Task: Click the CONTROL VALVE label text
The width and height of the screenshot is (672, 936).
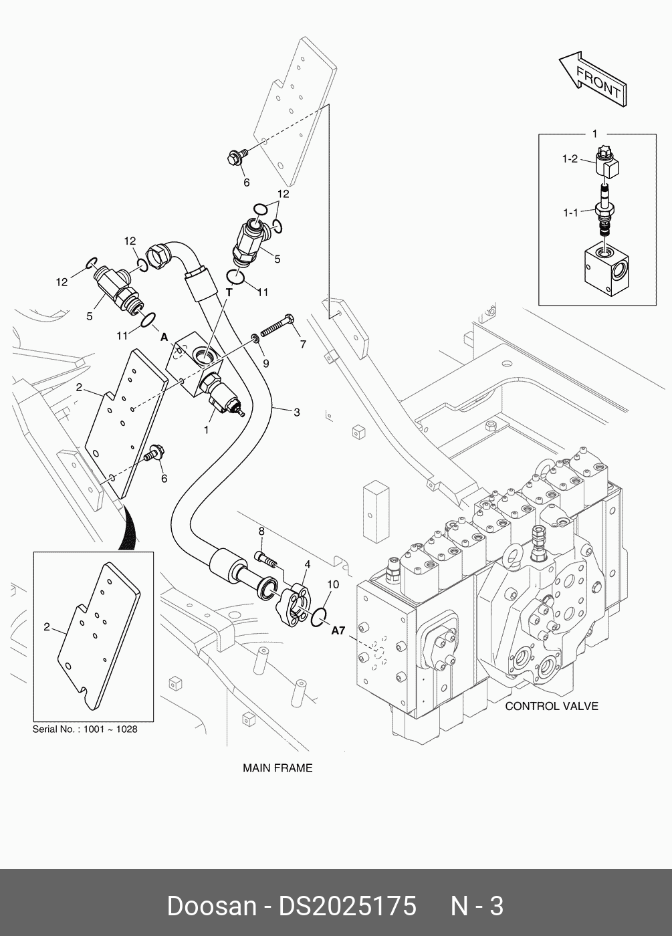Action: pos(551,706)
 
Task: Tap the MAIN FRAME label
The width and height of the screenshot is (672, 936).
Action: pos(277,768)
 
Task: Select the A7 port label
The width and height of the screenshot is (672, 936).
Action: pos(338,629)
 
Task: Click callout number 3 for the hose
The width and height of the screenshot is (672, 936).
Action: pos(297,413)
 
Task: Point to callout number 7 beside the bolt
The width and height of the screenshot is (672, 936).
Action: pos(303,344)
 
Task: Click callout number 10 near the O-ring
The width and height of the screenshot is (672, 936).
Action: pos(333,584)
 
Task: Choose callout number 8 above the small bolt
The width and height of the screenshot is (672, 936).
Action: pos(261,532)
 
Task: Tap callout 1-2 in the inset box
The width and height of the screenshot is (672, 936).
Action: pos(569,159)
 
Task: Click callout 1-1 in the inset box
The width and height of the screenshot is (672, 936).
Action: pos(569,213)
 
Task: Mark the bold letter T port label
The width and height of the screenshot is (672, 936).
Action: pos(229,292)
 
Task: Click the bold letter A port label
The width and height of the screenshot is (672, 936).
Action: pos(164,338)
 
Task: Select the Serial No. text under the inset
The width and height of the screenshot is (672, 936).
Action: pos(85,729)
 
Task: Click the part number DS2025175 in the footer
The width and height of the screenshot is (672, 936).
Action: pos(347,906)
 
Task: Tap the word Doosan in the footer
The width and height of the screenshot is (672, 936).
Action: pos(211,906)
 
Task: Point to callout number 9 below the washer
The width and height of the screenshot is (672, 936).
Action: pos(265,363)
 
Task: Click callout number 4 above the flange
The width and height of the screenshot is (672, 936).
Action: pos(307,565)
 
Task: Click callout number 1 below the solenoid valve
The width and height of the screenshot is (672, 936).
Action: pos(206,430)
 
